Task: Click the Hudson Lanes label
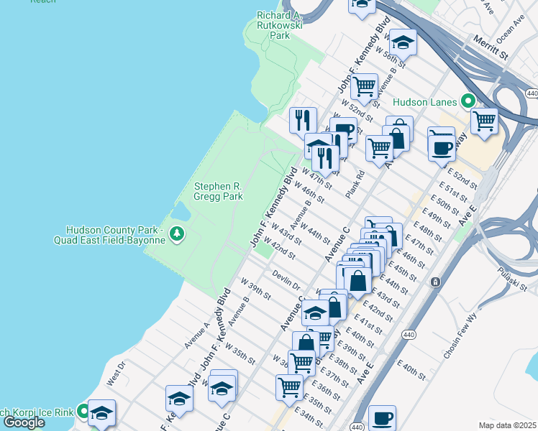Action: (427, 101)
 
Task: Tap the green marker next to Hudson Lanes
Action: (468, 101)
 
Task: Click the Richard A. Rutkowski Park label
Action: (278, 25)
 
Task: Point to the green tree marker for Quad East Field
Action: (176, 235)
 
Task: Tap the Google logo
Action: (23, 422)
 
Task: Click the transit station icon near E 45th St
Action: (435, 282)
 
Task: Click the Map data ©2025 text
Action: (507, 425)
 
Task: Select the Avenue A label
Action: (196, 335)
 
